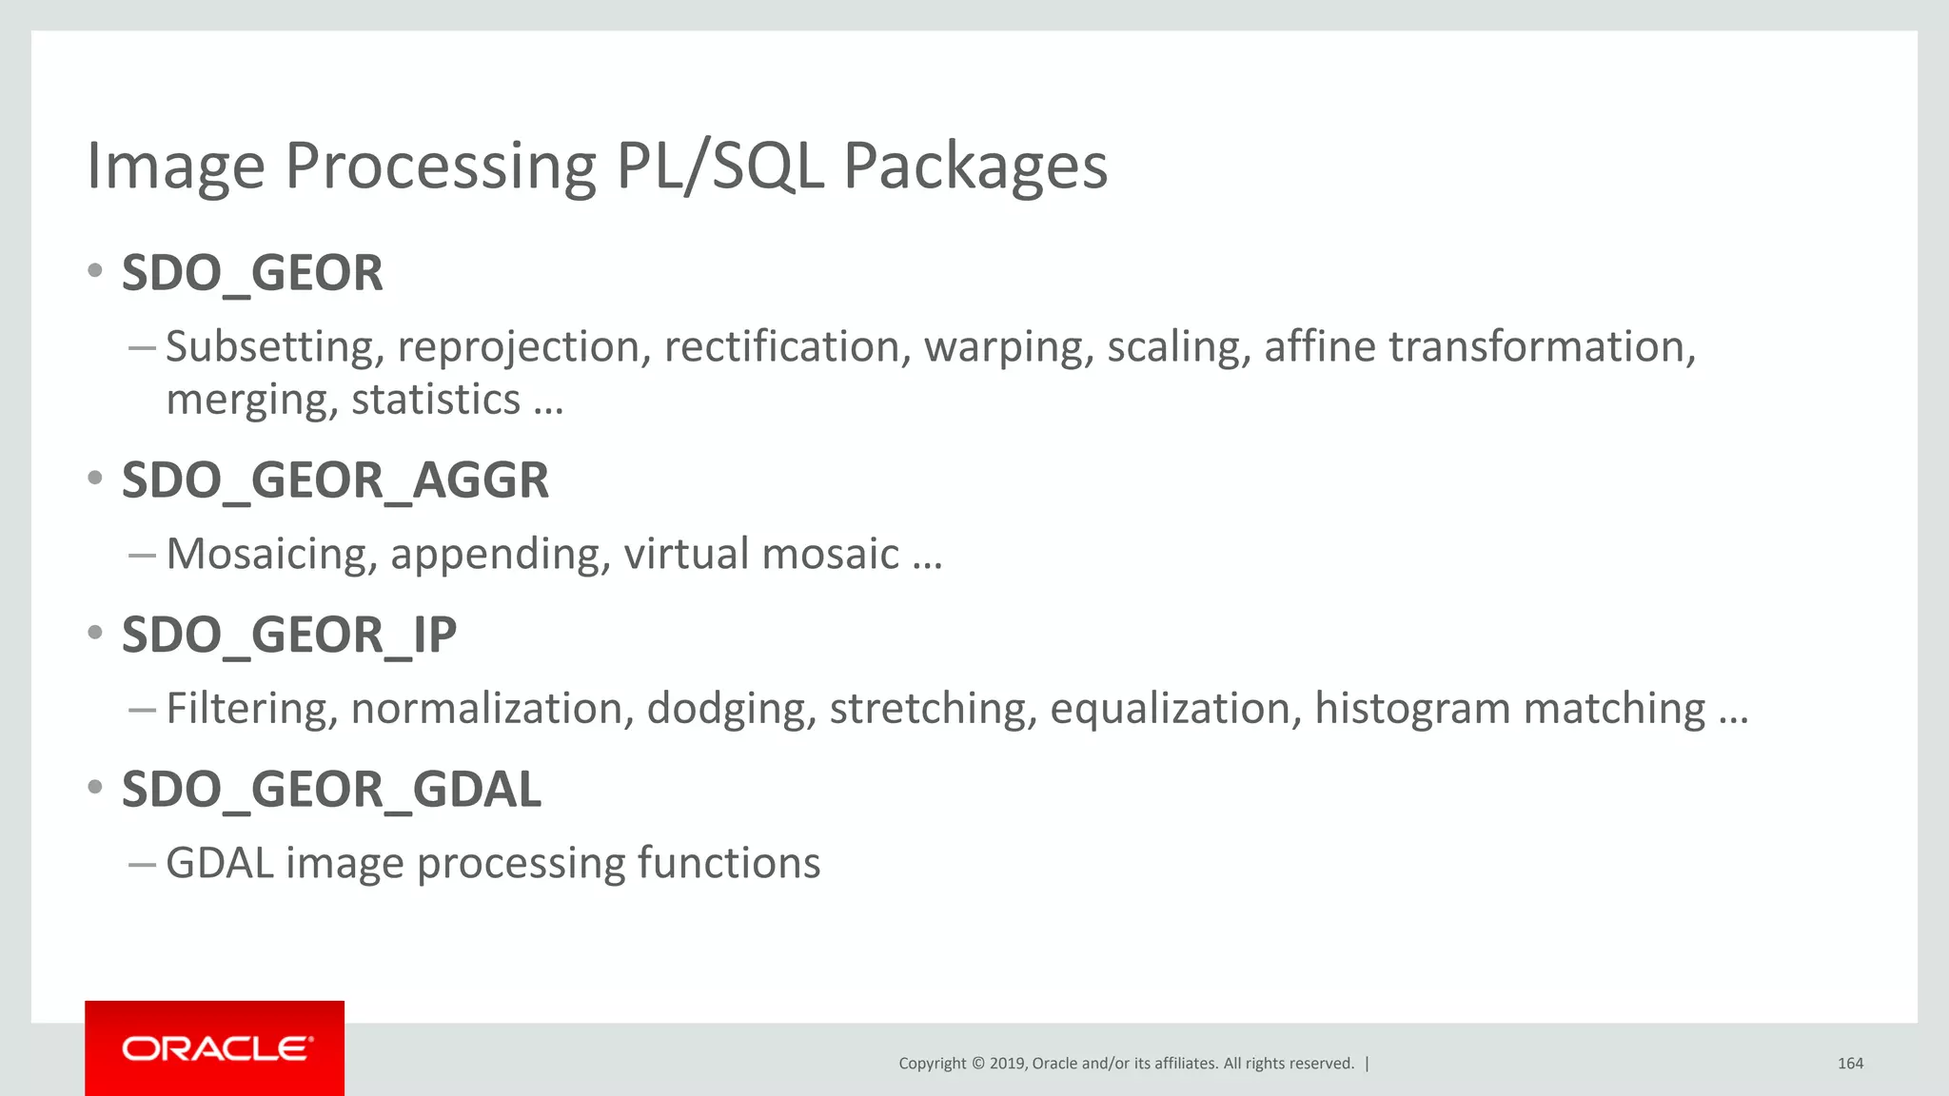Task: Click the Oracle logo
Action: (215, 1048)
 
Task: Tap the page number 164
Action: (1850, 1064)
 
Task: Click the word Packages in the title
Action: (975, 166)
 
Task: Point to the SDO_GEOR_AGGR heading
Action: (335, 479)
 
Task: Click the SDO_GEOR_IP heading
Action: (289, 635)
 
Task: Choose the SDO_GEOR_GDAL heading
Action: (331, 790)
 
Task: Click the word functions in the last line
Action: (728, 863)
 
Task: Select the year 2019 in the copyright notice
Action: (1007, 1064)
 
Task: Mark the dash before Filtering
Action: (142, 709)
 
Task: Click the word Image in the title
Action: (176, 166)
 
